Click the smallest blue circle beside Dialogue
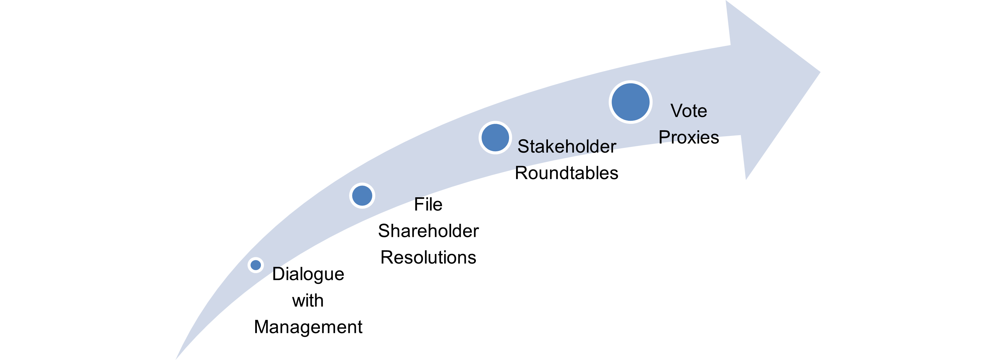point(256,265)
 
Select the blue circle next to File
point(362,196)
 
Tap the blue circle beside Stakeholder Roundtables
point(495,138)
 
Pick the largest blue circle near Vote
point(630,102)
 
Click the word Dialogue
point(308,274)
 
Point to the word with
point(308,301)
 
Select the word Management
point(308,327)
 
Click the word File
point(428,205)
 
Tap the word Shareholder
point(428,231)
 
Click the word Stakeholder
point(566,147)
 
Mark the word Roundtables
point(566,173)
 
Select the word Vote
point(688,111)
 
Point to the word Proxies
point(688,137)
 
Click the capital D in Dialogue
point(278,274)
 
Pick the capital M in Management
point(262,327)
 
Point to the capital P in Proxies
point(665,137)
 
